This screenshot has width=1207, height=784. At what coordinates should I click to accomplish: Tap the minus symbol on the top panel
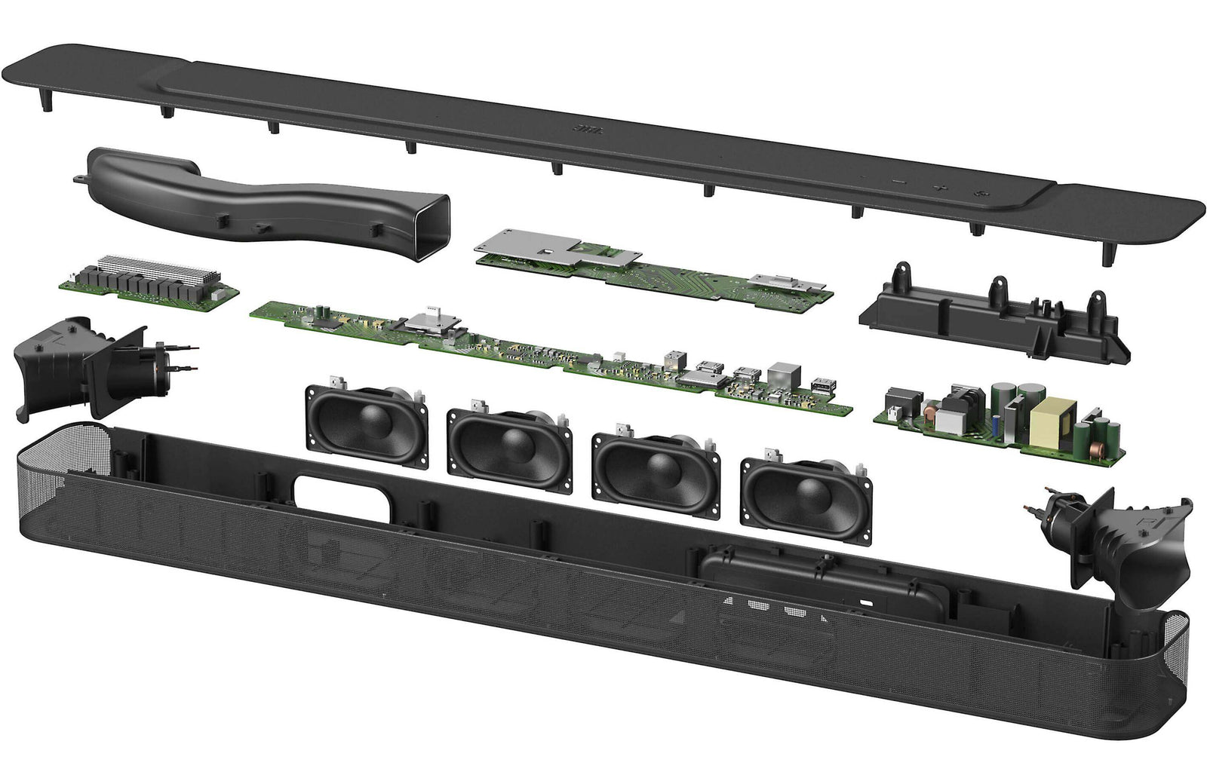tap(898, 181)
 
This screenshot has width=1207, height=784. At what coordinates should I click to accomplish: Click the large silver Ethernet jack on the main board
tap(780, 375)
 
